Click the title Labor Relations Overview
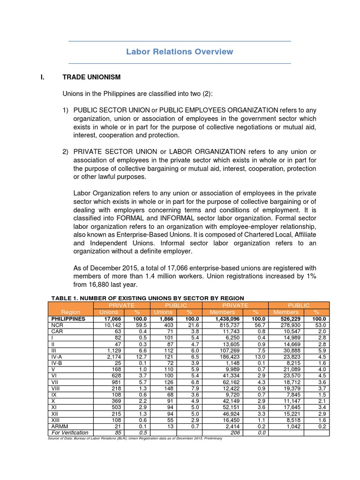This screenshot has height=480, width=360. click(x=180, y=52)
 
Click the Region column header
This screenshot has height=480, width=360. click(x=71, y=312)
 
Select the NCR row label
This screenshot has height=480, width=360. click(x=57, y=324)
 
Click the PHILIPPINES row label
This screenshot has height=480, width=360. click(x=68, y=318)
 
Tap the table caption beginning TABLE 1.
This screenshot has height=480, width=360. click(x=147, y=298)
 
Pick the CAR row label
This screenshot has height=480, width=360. click(x=57, y=330)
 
